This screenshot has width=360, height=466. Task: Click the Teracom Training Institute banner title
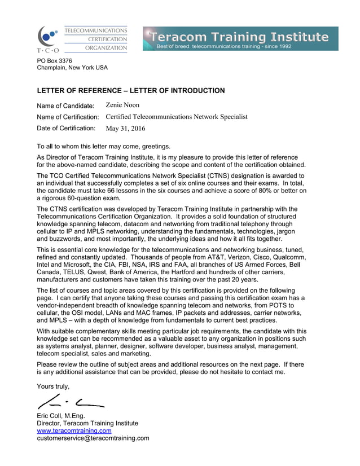[x=238, y=37]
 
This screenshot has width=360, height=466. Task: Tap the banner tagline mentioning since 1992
[x=224, y=46]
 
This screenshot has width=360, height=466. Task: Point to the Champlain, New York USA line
[x=72, y=68]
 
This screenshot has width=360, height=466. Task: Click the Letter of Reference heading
[x=130, y=90]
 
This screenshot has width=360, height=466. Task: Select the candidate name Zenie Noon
[x=122, y=105]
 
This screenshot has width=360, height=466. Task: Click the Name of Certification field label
[x=68, y=117]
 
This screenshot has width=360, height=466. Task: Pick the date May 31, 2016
[x=125, y=128]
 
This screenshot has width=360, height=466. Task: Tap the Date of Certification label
[x=66, y=128]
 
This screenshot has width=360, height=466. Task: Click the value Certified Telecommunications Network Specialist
[x=176, y=117]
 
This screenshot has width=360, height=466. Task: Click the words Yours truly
[x=53, y=386]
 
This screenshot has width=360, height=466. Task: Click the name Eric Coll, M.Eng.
[x=60, y=416]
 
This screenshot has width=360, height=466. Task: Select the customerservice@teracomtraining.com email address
[x=93, y=438]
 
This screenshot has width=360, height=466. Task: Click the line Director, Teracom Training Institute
[x=87, y=423]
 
